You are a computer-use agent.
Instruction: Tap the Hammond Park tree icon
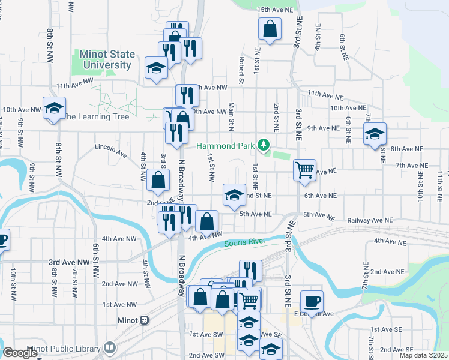point(262,145)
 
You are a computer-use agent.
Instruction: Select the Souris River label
point(244,243)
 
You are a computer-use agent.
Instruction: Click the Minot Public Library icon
point(109,347)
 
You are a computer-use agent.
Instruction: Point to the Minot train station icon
point(144,320)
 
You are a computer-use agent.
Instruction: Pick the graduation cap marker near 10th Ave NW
point(54,109)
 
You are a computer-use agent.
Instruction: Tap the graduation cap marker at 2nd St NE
point(234,194)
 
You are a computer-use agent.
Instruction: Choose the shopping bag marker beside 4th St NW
point(157,180)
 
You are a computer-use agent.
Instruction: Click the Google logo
point(20,353)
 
